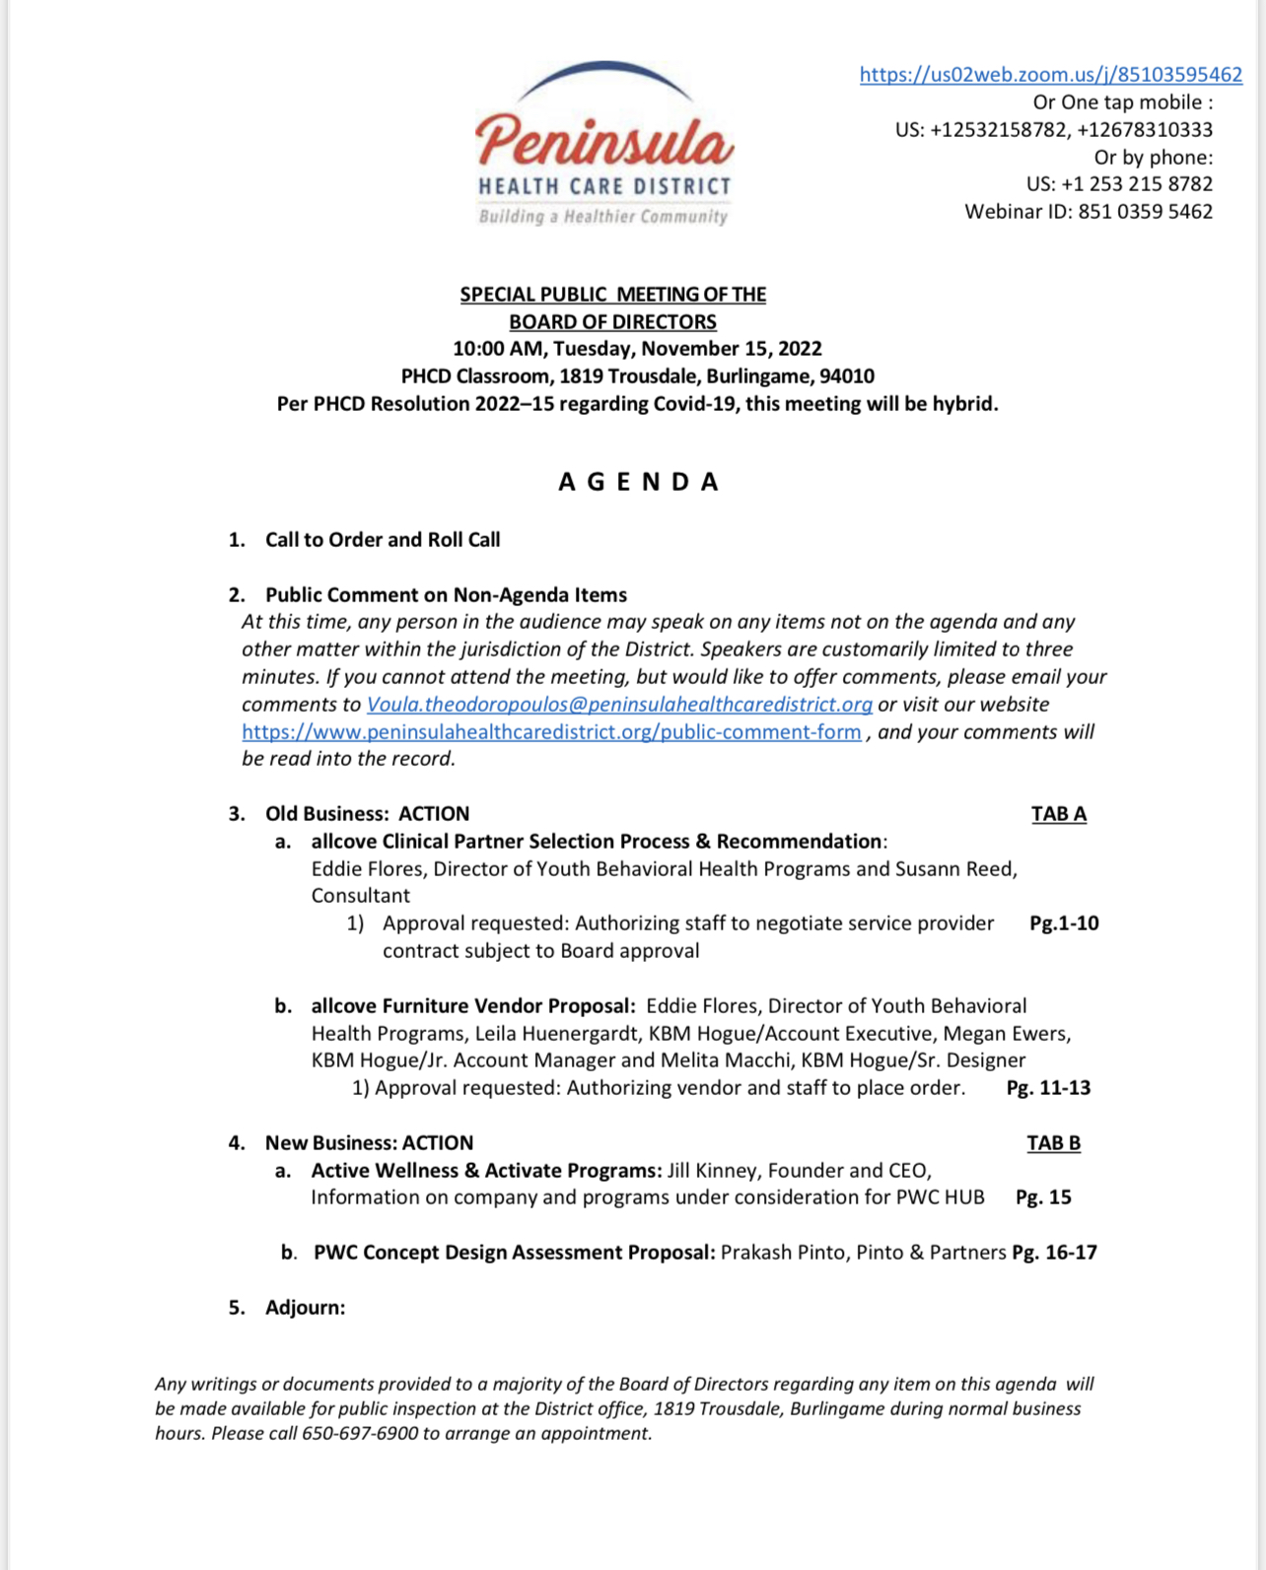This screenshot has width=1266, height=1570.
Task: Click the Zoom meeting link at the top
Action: (x=1050, y=75)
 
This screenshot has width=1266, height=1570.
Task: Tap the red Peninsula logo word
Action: (x=604, y=141)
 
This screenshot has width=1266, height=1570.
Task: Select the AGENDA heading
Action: (x=639, y=482)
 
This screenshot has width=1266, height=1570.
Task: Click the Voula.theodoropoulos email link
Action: (x=619, y=705)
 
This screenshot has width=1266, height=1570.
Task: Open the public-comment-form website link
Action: (x=551, y=732)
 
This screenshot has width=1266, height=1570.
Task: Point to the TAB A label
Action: (x=1058, y=814)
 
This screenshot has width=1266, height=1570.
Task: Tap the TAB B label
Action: (x=1053, y=1143)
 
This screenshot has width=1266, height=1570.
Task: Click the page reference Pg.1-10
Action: (x=1063, y=923)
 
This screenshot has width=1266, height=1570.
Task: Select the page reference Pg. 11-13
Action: (x=1048, y=1088)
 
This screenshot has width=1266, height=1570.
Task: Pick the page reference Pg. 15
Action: (x=1043, y=1197)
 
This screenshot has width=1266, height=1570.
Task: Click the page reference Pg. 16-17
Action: (x=1054, y=1253)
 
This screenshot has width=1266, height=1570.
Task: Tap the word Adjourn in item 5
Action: (x=305, y=1308)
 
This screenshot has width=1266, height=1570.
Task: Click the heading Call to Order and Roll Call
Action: (x=383, y=540)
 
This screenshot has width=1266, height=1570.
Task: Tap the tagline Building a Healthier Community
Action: (x=603, y=217)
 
